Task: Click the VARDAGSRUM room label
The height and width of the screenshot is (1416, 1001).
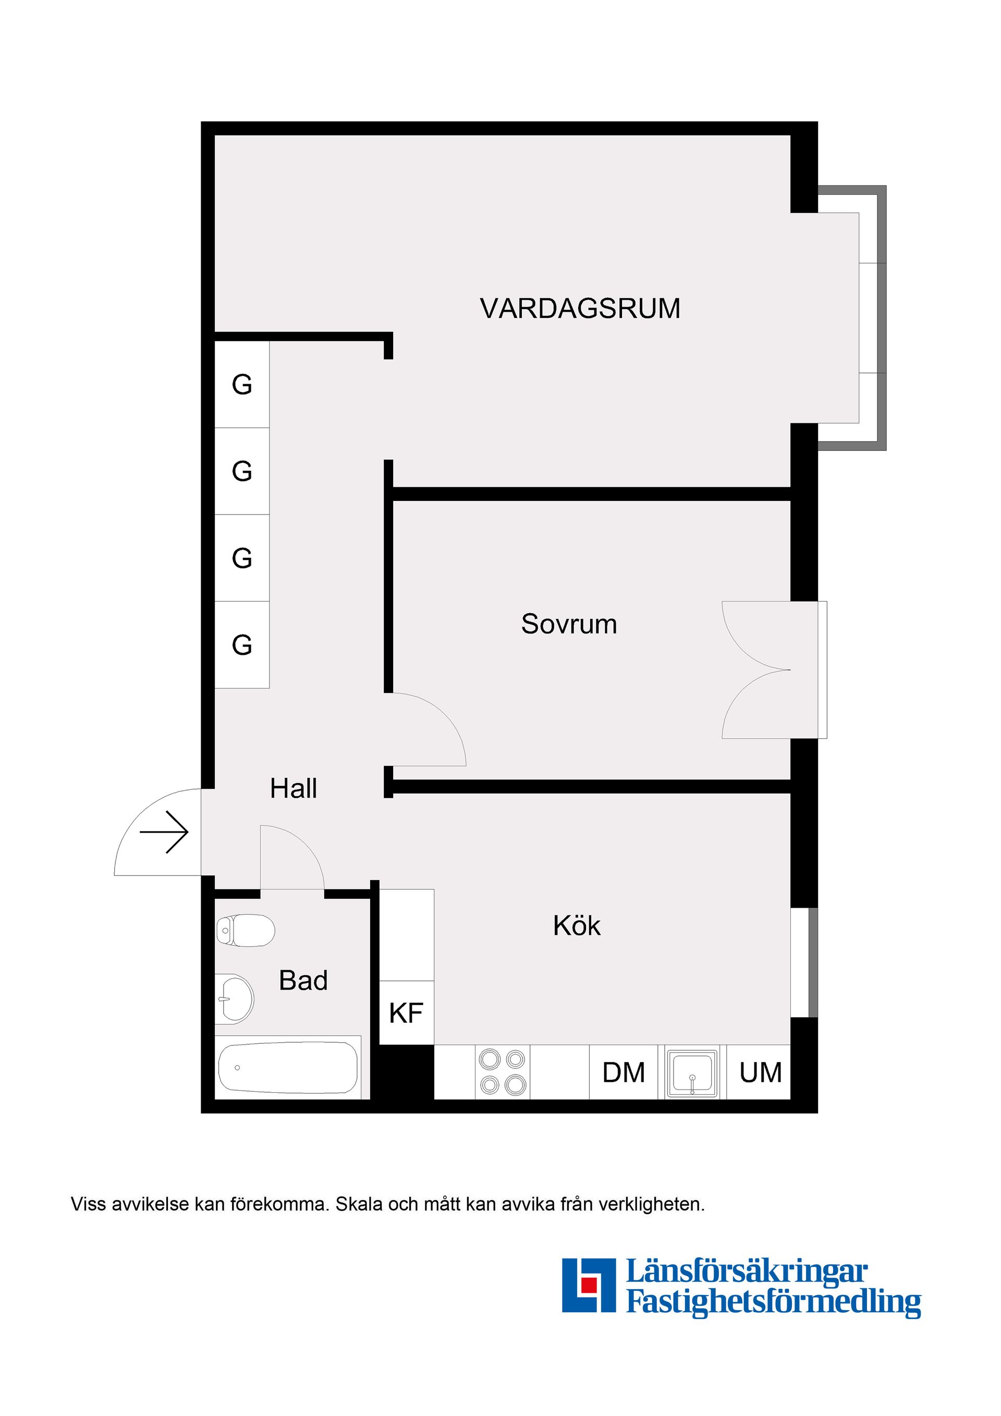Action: coord(580,308)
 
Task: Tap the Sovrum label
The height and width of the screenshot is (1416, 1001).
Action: coord(569,624)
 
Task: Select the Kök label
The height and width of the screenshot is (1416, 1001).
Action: coord(576,926)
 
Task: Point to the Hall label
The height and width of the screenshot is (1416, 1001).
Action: coord(294,789)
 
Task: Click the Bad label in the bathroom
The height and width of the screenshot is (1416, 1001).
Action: coord(303,981)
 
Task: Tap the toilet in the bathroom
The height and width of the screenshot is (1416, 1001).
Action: coord(246,931)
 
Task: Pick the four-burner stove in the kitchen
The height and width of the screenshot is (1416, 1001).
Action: coord(502,1072)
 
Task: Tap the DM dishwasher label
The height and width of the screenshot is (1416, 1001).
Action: coord(624,1073)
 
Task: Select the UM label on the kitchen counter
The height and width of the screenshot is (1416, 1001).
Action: coord(761,1073)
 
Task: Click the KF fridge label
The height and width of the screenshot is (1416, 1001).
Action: coord(406,1014)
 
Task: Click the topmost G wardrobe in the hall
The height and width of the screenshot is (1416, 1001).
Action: coord(242,385)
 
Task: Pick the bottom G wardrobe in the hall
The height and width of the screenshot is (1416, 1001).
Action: coord(242,645)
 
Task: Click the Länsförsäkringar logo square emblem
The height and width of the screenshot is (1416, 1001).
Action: coord(589,1285)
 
